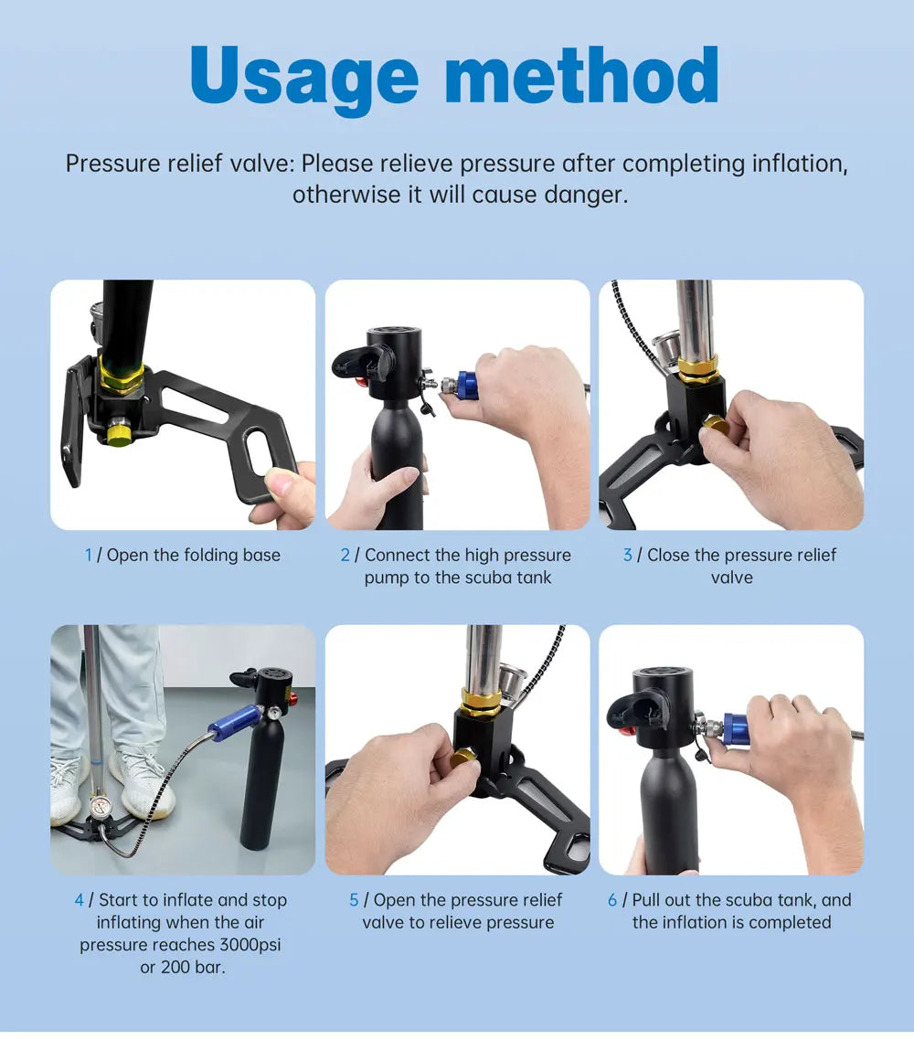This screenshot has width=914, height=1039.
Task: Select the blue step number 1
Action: (88, 555)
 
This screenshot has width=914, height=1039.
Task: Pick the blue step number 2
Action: (345, 555)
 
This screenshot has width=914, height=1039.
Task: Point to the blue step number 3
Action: (628, 555)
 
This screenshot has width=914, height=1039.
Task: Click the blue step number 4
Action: (80, 900)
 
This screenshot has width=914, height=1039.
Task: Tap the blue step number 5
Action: (354, 900)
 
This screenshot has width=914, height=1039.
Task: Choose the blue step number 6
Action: (612, 900)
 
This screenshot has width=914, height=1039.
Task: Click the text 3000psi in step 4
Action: (250, 944)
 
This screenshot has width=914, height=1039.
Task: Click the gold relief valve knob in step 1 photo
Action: (120, 433)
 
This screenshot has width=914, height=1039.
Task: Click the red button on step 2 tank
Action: (360, 381)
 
